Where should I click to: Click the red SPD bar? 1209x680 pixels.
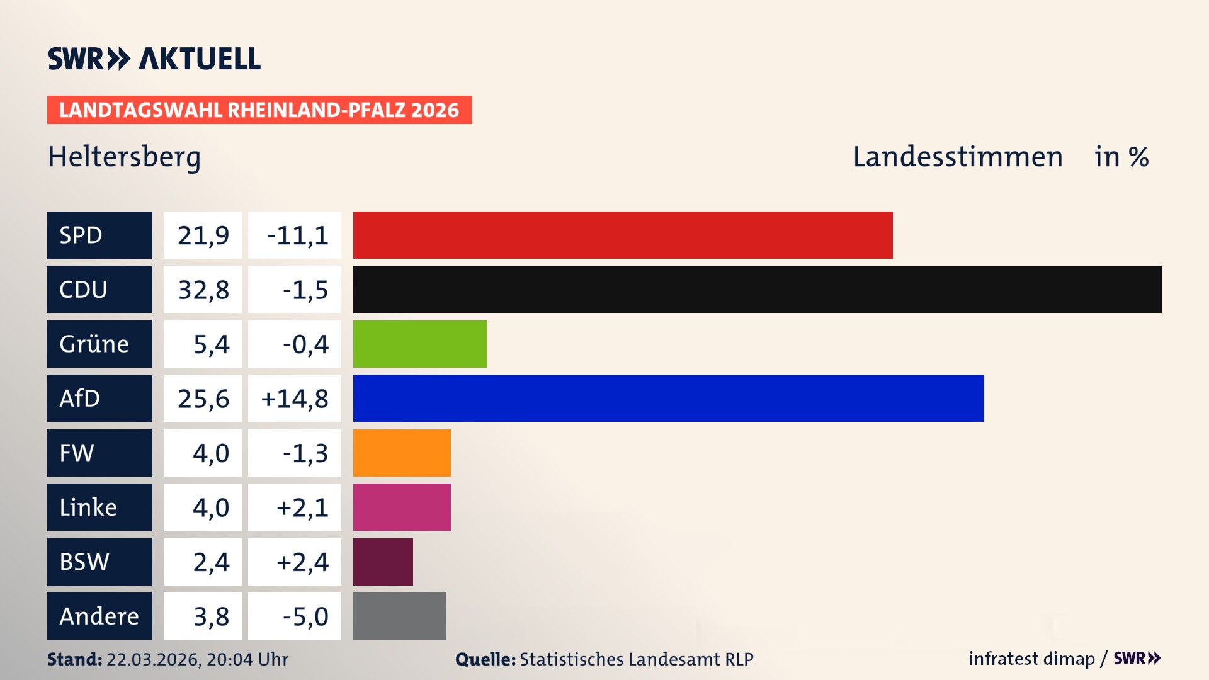(623, 235)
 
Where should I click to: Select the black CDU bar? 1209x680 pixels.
(757, 289)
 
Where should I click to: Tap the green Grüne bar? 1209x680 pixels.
(419, 344)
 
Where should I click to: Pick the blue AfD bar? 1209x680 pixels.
(668, 398)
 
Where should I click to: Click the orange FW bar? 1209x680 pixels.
(402, 453)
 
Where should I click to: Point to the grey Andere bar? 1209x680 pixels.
(399, 616)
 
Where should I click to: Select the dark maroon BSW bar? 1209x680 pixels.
(383, 562)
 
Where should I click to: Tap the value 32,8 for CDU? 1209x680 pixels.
(203, 290)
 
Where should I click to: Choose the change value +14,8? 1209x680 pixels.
(295, 399)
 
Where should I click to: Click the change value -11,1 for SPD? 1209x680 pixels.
(297, 235)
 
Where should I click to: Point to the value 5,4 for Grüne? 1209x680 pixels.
(211, 344)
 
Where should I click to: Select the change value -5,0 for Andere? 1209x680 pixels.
(305, 616)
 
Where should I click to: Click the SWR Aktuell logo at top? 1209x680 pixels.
(154, 59)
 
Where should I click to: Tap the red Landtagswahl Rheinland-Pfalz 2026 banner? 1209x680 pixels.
(259, 110)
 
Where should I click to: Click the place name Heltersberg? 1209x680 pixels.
(124, 157)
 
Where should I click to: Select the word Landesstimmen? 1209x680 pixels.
(957, 157)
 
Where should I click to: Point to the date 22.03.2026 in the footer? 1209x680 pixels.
(153, 659)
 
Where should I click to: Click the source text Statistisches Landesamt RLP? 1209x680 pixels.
(636, 659)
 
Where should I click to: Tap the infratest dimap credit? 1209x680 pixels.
(1031, 659)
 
